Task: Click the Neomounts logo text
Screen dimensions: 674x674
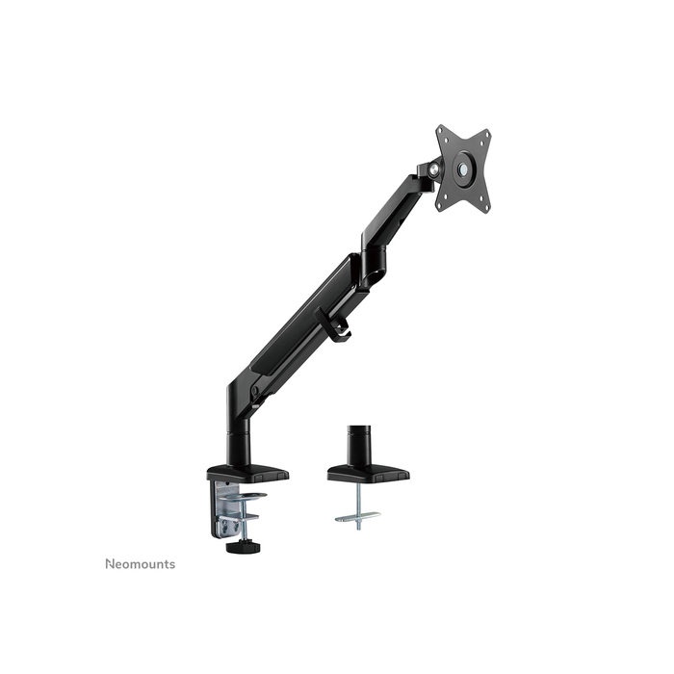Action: [x=141, y=563]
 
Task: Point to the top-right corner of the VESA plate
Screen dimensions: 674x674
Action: [x=487, y=134]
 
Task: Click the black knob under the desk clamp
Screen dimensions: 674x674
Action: [x=235, y=548]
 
